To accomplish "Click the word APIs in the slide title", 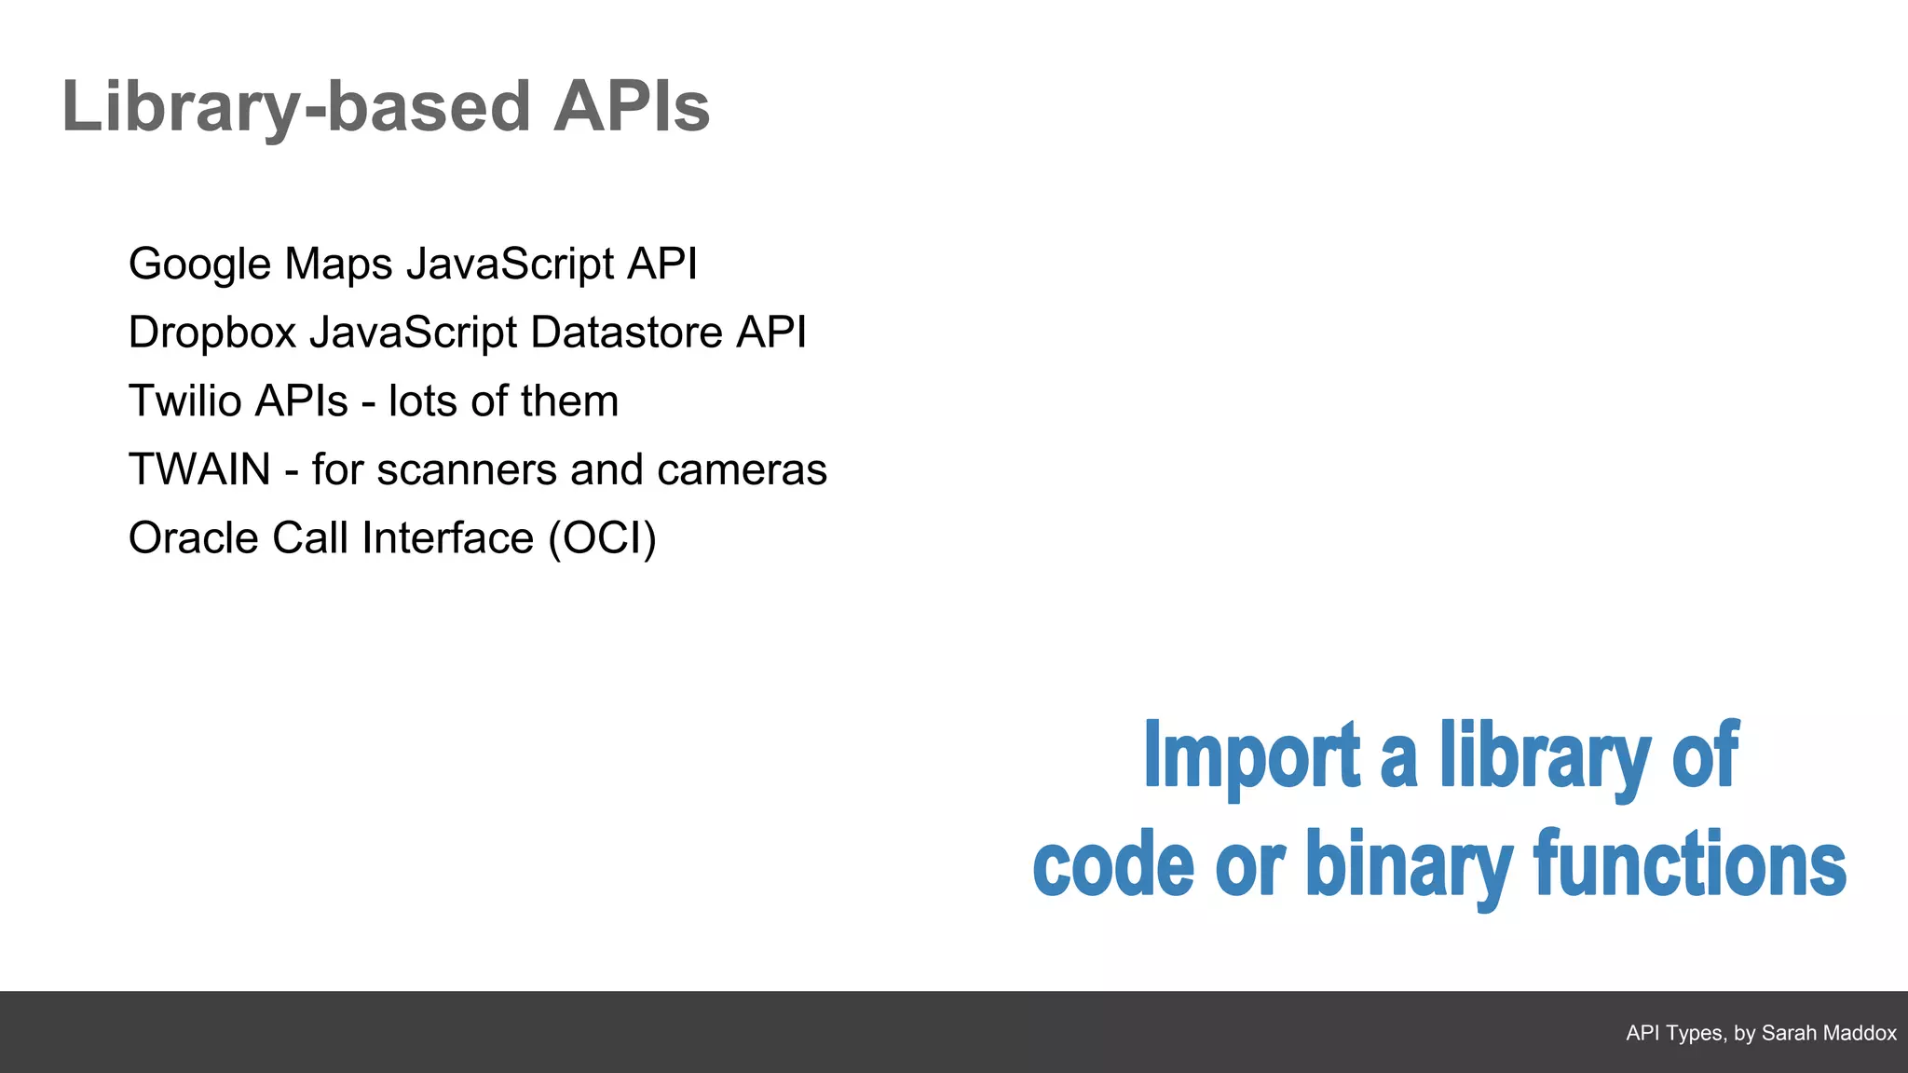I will click(x=631, y=107).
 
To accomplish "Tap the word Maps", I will click(x=338, y=265).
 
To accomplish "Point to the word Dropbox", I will click(x=212, y=333).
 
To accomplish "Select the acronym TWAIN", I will click(x=199, y=469).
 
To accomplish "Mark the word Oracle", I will click(x=193, y=538).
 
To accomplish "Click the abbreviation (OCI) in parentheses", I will click(x=602, y=538).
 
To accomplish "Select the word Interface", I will click(x=447, y=538).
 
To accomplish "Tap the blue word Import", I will click(x=1251, y=756).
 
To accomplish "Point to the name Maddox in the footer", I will click(x=1861, y=1033).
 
